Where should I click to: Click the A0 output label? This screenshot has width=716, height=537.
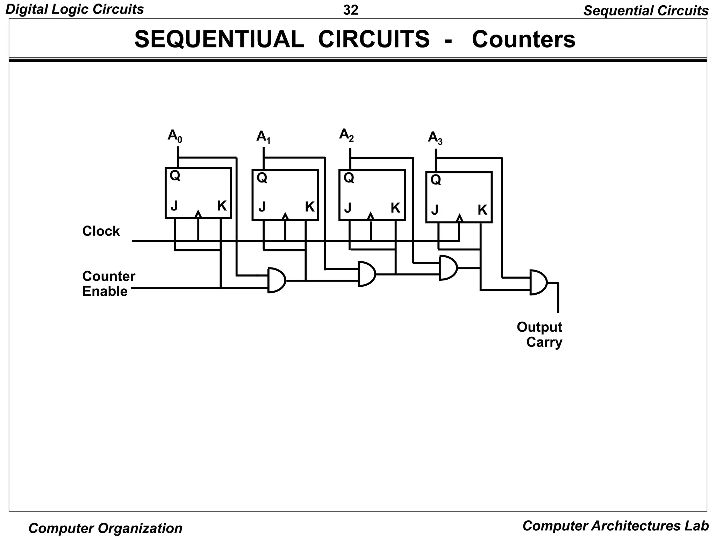coord(175,136)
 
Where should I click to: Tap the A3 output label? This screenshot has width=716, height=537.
coord(435,138)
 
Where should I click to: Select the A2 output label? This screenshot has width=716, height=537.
coord(346,135)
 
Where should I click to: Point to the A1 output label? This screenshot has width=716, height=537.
coord(263,137)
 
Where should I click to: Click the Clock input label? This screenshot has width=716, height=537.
coord(101,231)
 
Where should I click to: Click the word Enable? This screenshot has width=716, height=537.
coord(105,291)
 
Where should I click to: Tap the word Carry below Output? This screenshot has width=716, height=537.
coord(544,342)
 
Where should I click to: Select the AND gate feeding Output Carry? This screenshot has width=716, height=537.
coord(538,282)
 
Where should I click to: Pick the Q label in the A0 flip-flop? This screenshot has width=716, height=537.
coord(175,176)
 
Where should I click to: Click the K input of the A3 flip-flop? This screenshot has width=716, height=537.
coord(482,210)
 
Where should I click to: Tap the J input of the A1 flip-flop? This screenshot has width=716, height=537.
coord(262,207)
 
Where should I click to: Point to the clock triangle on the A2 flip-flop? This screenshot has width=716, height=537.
coord(371,216)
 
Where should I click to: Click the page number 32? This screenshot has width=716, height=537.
coord(351,10)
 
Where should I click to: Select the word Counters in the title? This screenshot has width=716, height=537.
coord(523,39)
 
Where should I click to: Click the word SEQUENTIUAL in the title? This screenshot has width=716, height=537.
coord(219,39)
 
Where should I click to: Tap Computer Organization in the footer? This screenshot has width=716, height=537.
coord(105,528)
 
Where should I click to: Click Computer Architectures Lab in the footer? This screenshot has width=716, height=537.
coord(615,525)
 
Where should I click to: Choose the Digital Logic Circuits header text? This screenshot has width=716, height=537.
coord(74,9)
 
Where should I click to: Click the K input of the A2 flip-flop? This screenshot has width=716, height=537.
coord(395,208)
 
